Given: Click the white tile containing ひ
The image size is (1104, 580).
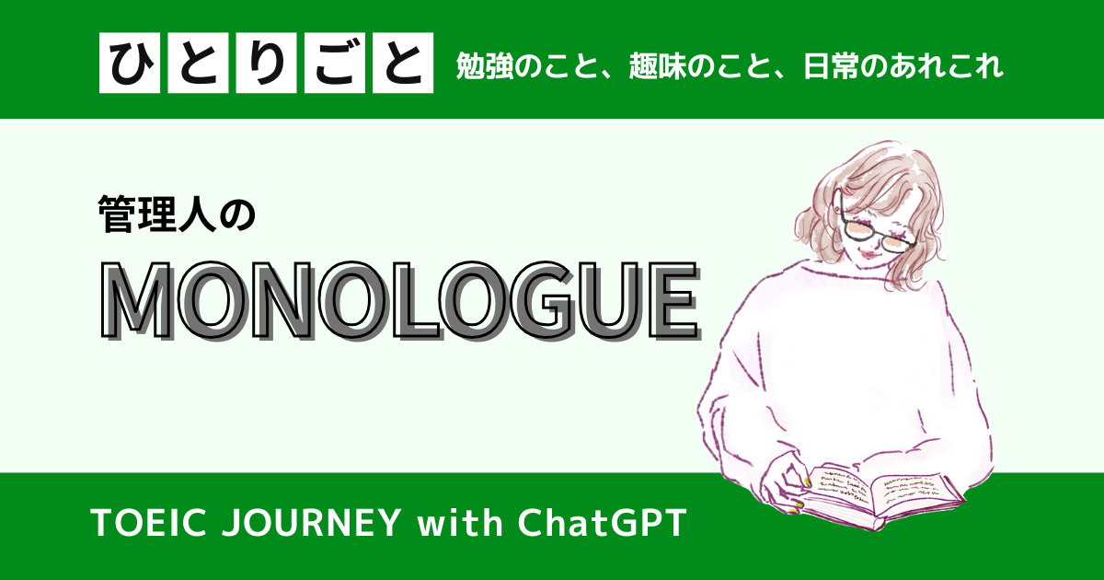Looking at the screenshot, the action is pyautogui.click(x=130, y=63).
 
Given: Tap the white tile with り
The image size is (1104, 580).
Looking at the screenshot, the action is pyautogui.click(x=266, y=63).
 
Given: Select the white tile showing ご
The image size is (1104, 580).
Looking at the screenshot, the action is pyautogui.click(x=335, y=63).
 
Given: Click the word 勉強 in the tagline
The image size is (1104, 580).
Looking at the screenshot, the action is pyautogui.click(x=485, y=66).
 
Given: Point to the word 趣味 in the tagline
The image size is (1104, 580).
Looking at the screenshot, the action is pyautogui.click(x=658, y=66).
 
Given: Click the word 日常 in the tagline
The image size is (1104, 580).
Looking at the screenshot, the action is pyautogui.click(x=832, y=66).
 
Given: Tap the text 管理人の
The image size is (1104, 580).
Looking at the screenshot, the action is pyautogui.click(x=177, y=214).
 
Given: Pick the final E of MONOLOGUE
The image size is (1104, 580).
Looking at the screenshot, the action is pyautogui.click(x=674, y=301).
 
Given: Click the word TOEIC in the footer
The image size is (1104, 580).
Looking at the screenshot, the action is pyautogui.click(x=148, y=523).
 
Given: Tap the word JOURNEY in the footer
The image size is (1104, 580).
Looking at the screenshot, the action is pyautogui.click(x=311, y=523).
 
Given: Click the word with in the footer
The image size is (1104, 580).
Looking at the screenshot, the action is pyautogui.click(x=460, y=523).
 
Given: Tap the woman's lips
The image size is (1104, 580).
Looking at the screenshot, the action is pyautogui.click(x=870, y=255).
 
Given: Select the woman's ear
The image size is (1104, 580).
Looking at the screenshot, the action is pyautogui.click(x=839, y=207).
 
